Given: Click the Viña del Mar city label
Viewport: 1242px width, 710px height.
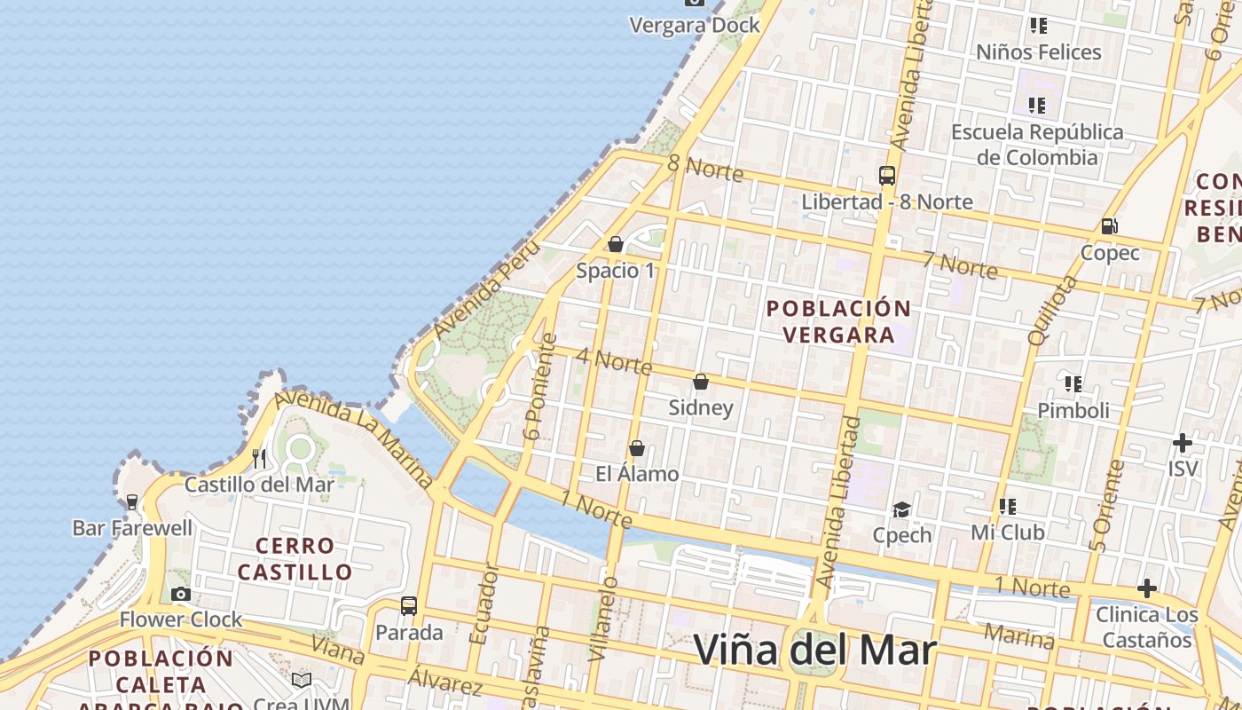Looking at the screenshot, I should click(x=814, y=650).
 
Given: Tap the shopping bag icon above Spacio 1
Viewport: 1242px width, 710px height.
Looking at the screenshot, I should click(x=616, y=244).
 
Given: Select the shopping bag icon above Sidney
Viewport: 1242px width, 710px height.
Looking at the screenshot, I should click(x=701, y=382).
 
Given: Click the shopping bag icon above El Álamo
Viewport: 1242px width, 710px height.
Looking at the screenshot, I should click(x=636, y=448).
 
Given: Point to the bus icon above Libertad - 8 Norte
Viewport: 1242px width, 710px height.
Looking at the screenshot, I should click(x=887, y=175).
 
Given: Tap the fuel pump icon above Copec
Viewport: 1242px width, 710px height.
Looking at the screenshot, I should click(x=1109, y=226).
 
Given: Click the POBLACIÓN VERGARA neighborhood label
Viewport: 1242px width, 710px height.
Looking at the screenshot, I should click(x=838, y=321).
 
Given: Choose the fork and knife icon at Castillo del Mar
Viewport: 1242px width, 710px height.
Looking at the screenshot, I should click(x=259, y=458).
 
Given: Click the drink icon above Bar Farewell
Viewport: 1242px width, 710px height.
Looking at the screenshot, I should click(x=132, y=502).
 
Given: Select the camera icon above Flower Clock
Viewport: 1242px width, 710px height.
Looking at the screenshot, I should click(x=181, y=594).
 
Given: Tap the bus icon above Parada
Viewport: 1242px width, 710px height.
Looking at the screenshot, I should click(x=409, y=606).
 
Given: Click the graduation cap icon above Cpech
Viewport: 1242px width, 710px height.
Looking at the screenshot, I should click(x=902, y=509).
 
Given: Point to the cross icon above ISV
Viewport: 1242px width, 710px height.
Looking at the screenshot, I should click(x=1183, y=442).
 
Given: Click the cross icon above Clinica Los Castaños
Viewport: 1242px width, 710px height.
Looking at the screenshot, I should click(x=1147, y=588).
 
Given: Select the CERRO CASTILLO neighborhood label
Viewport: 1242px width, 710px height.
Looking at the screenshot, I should click(x=295, y=558).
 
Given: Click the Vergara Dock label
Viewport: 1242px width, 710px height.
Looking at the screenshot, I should click(x=695, y=25).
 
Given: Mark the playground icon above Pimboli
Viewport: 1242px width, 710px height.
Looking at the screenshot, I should click(x=1073, y=384).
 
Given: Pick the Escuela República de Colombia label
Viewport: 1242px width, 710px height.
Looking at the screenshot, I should click(x=1037, y=145).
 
